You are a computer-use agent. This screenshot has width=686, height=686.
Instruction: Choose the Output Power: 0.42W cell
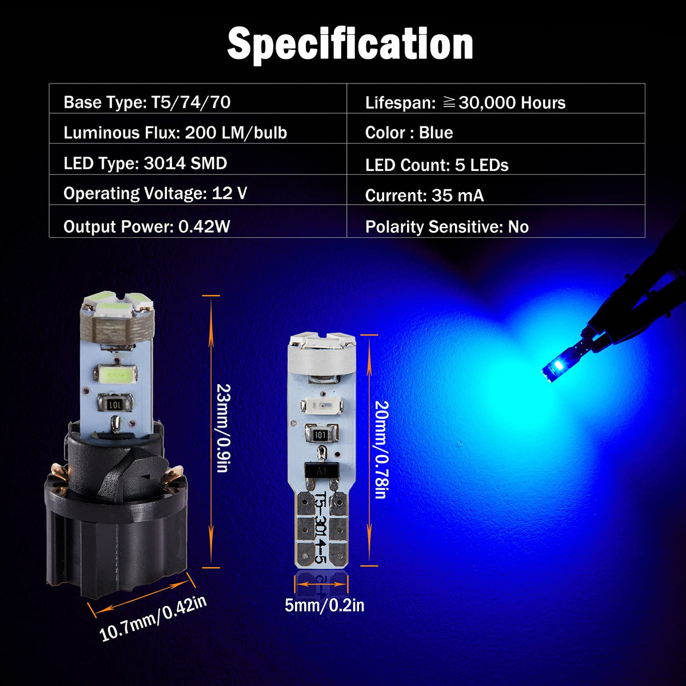pyautogui.click(x=198, y=221)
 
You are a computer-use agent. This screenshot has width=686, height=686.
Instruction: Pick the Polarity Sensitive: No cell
pyautogui.click(x=496, y=221)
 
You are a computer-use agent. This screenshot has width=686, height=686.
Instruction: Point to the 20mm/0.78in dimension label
pyautogui.click(x=381, y=450)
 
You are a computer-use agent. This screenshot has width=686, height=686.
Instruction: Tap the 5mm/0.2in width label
pyautogui.click(x=324, y=605)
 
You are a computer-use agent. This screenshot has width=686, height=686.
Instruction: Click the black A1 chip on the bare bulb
pyautogui.click(x=321, y=471)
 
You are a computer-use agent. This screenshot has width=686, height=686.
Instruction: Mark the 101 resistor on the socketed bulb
pyautogui.click(x=115, y=404)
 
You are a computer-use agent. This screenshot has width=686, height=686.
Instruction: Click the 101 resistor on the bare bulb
pyautogui.click(x=320, y=434)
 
